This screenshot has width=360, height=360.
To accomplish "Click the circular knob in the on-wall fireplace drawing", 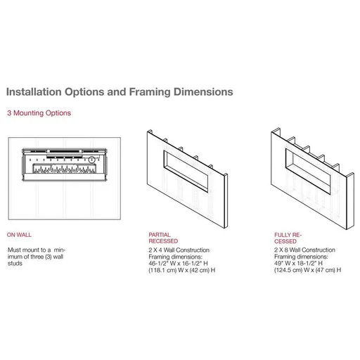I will point(90,159).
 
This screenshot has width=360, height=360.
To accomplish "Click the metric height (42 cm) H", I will point(207,269).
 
